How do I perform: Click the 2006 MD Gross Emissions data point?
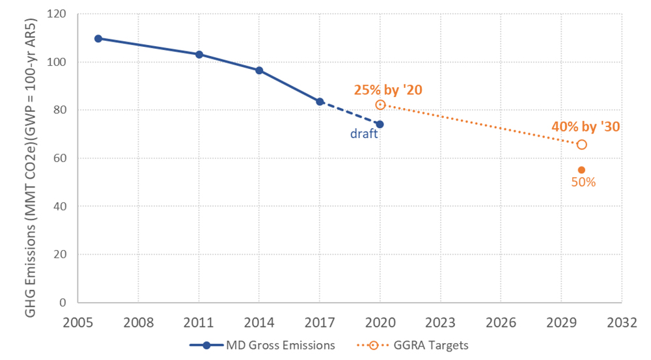click(x=98, y=38)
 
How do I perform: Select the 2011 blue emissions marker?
click(x=199, y=54)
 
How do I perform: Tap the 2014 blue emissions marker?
click(x=259, y=70)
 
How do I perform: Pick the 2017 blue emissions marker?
click(x=320, y=102)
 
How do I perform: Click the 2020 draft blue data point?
click(x=380, y=124)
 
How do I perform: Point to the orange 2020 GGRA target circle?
click(x=380, y=105)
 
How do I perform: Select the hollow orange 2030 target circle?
click(x=581, y=145)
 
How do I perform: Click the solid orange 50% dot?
click(x=581, y=170)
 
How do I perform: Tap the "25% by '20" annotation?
click(x=388, y=90)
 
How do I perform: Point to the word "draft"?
click(x=363, y=135)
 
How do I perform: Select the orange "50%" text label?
click(x=583, y=183)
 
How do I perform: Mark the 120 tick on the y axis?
click(x=60, y=14)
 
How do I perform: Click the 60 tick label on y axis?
click(x=62, y=158)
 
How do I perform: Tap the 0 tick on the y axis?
click(x=65, y=303)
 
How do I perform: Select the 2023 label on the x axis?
click(x=440, y=322)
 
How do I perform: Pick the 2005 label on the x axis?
click(x=77, y=322)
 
